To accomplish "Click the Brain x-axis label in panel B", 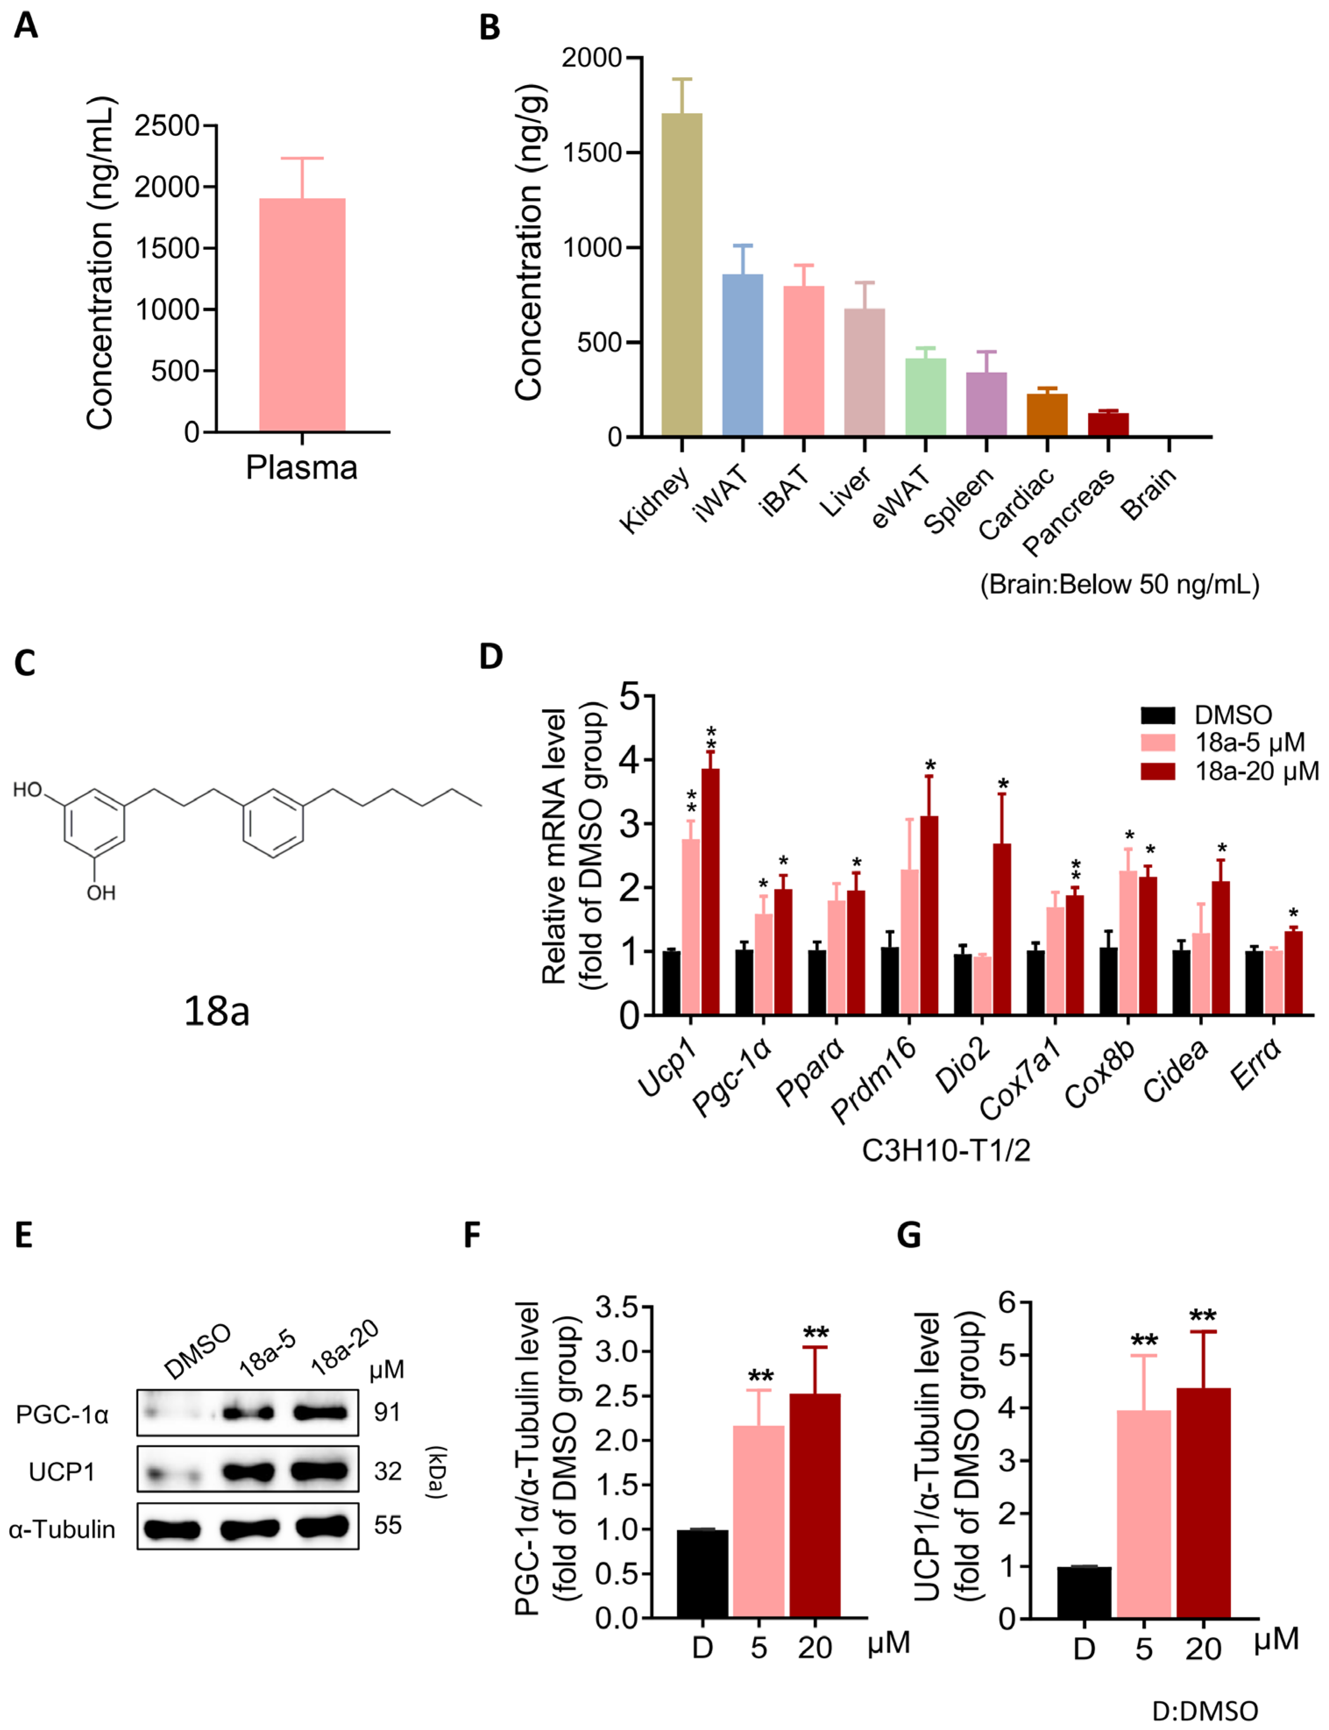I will click(x=1149, y=494).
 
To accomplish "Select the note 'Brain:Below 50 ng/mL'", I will click(x=1119, y=584).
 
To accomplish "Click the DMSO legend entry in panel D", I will click(x=1233, y=715).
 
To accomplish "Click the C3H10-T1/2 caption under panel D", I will click(x=945, y=1150).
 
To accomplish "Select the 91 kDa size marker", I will click(x=387, y=1412).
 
